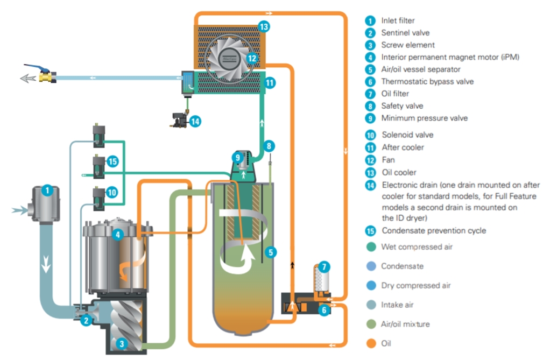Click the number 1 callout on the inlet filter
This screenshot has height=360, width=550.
(x=47, y=190)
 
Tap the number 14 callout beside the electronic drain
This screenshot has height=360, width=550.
(x=195, y=122)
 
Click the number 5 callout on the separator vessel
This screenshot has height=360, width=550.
(x=271, y=251)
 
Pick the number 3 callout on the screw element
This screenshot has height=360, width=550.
(x=122, y=343)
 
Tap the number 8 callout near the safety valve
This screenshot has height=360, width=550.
(x=270, y=145)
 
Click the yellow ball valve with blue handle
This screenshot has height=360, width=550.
(x=46, y=76)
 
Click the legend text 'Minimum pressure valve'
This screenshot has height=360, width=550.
(x=424, y=118)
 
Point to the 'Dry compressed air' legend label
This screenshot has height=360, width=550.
(x=415, y=285)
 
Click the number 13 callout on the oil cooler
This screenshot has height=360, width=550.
(x=264, y=26)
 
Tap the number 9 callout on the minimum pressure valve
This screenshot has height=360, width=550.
(x=238, y=157)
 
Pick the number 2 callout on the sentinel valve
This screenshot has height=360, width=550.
(x=85, y=321)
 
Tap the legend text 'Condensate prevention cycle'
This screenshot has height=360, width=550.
(x=433, y=230)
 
